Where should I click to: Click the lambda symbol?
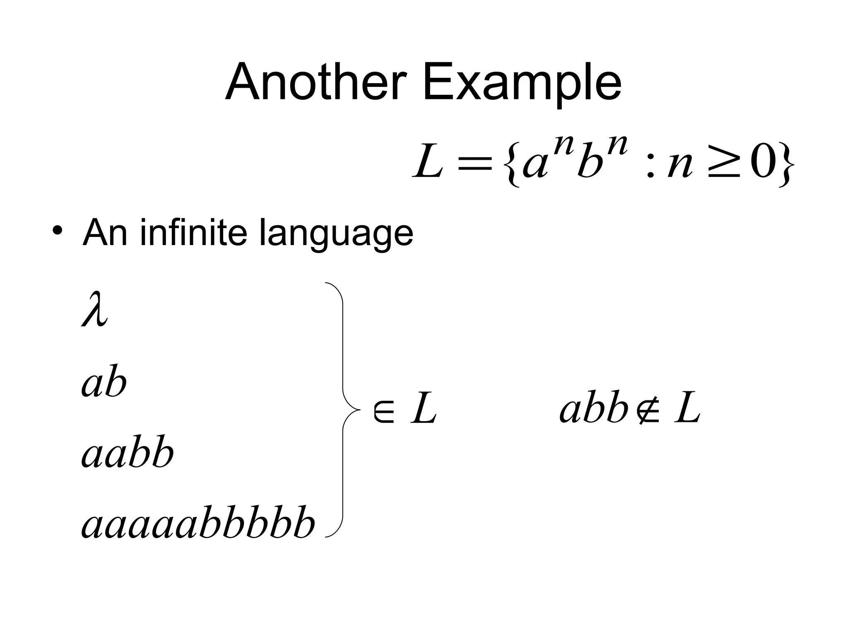(x=95, y=309)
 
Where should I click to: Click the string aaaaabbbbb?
(x=198, y=522)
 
